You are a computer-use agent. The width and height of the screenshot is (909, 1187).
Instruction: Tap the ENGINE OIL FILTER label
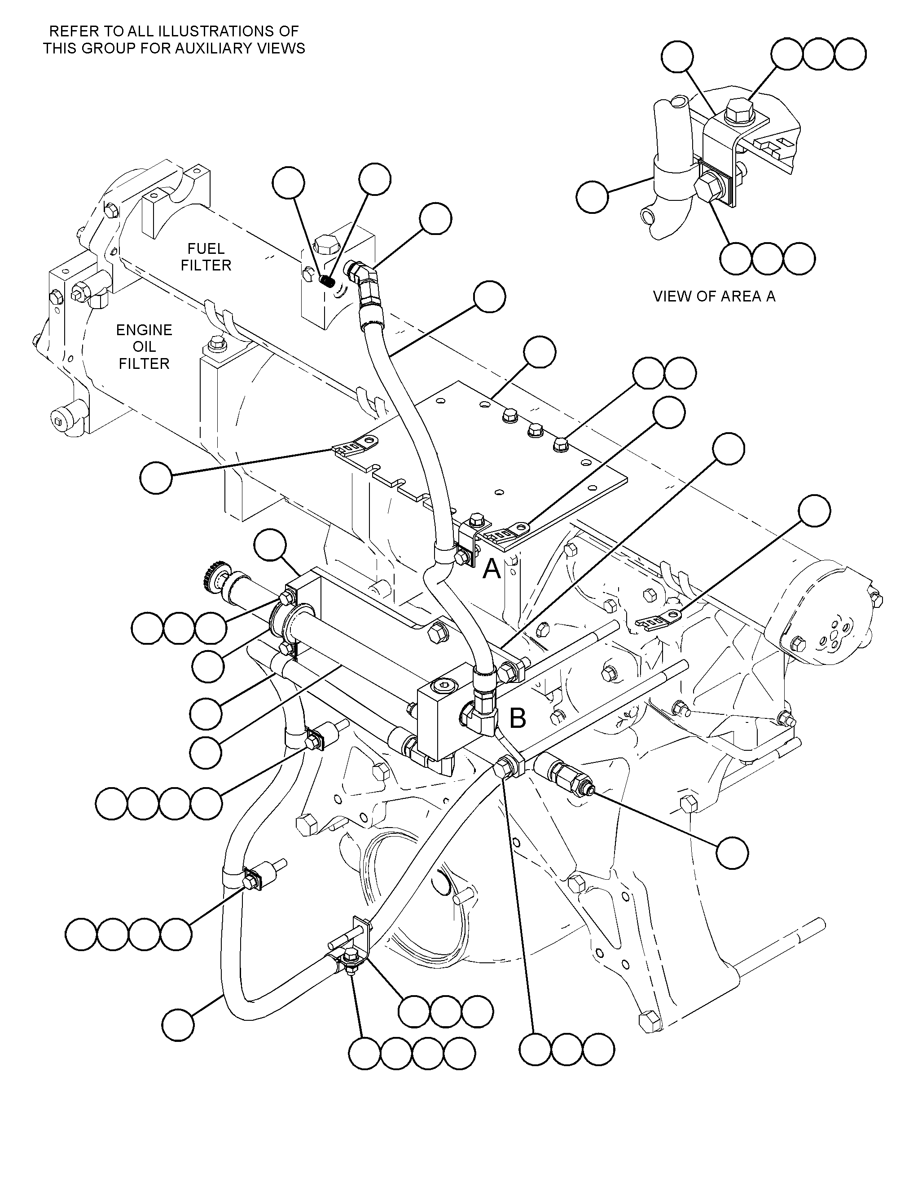(144, 346)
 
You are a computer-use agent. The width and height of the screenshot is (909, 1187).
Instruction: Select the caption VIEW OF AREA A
(714, 296)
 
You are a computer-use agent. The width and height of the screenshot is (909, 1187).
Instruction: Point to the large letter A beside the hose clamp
(491, 569)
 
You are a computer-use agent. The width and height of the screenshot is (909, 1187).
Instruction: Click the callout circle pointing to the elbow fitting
(436, 219)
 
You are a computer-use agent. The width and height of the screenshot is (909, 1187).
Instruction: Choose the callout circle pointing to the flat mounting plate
(540, 352)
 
